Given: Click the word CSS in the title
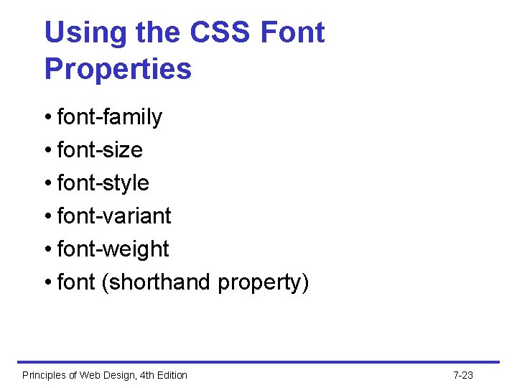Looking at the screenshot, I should (x=222, y=33).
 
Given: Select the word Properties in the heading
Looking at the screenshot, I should (x=118, y=69).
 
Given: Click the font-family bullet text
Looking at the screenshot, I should (x=109, y=117).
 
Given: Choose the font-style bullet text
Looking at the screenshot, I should (x=103, y=183).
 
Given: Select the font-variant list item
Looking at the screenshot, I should (x=113, y=216).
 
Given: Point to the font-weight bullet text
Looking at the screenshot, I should (x=113, y=249).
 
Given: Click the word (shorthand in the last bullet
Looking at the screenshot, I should (x=157, y=282).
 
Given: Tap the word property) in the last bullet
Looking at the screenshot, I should (x=263, y=282).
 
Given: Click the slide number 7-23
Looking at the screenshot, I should (x=463, y=375).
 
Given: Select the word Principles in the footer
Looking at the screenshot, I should (x=44, y=375).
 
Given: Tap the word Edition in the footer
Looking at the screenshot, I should (x=170, y=375).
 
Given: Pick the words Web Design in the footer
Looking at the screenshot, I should (x=105, y=375).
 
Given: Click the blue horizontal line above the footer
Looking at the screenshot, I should (x=258, y=362).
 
